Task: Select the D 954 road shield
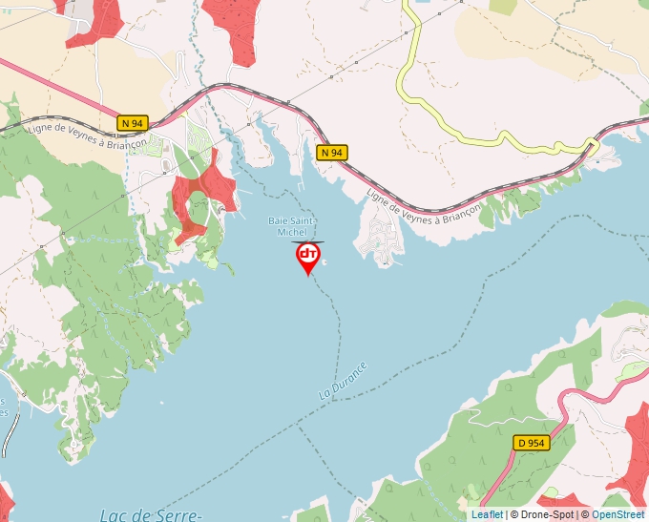coord(531,443)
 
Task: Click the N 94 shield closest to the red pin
coord(331,153)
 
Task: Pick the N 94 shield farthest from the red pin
coord(133,123)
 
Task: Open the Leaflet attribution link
coord(487,514)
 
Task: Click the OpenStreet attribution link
coord(618,514)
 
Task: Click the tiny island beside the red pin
coord(325,261)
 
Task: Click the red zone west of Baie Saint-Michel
coord(201,192)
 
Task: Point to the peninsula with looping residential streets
coord(381,235)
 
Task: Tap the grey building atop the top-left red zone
coord(78,10)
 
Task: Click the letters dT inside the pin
coord(308,254)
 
